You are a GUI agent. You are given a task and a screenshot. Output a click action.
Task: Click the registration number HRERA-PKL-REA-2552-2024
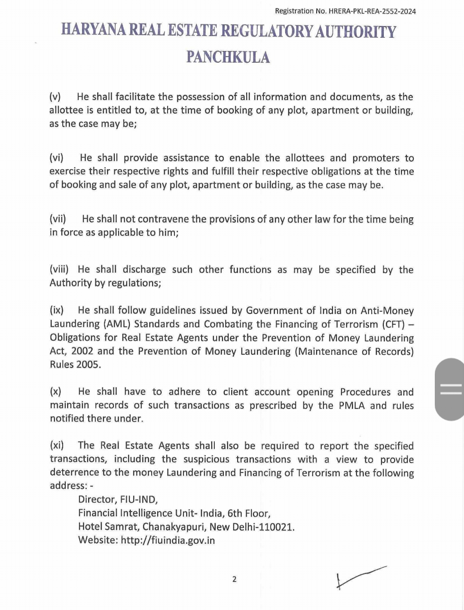(x=372, y=12)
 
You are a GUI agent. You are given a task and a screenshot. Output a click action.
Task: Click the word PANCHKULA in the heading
(x=228, y=57)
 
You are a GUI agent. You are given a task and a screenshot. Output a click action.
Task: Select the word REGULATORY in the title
(x=266, y=31)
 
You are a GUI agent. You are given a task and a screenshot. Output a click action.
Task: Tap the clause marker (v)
(x=55, y=97)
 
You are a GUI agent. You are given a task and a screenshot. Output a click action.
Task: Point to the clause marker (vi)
(x=56, y=158)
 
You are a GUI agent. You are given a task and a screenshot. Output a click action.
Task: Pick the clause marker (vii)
(x=58, y=219)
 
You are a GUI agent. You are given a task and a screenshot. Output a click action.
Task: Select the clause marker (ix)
(x=56, y=310)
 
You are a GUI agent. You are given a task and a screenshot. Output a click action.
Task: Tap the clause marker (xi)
(x=57, y=445)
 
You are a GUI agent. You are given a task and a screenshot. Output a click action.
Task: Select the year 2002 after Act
(x=82, y=351)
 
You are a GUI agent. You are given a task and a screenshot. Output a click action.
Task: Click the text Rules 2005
(x=75, y=365)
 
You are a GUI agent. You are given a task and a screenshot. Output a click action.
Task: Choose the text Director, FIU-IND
(x=118, y=500)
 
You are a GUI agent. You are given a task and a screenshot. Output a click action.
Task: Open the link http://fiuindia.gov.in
(x=168, y=540)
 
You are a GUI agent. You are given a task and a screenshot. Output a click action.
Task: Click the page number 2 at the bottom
(x=234, y=579)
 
